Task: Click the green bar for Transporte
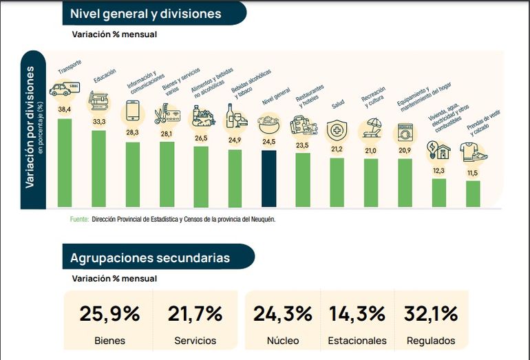click(65, 162)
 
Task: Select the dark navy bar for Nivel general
click(268, 178)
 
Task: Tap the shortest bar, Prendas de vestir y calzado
click(473, 193)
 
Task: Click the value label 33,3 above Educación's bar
click(98, 122)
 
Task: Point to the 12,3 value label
click(438, 171)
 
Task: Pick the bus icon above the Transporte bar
click(65, 89)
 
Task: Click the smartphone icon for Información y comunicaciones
click(132, 111)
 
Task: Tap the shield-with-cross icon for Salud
click(337, 130)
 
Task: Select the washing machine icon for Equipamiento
click(405, 131)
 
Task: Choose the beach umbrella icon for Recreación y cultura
click(372, 128)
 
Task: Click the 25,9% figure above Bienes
click(109, 314)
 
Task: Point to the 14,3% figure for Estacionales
click(357, 314)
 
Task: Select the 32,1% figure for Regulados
click(431, 314)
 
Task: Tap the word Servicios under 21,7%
click(195, 341)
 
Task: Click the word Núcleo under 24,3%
click(282, 341)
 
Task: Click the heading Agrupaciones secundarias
click(150, 257)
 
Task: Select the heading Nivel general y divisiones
click(146, 13)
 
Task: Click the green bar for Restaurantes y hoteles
click(303, 180)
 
